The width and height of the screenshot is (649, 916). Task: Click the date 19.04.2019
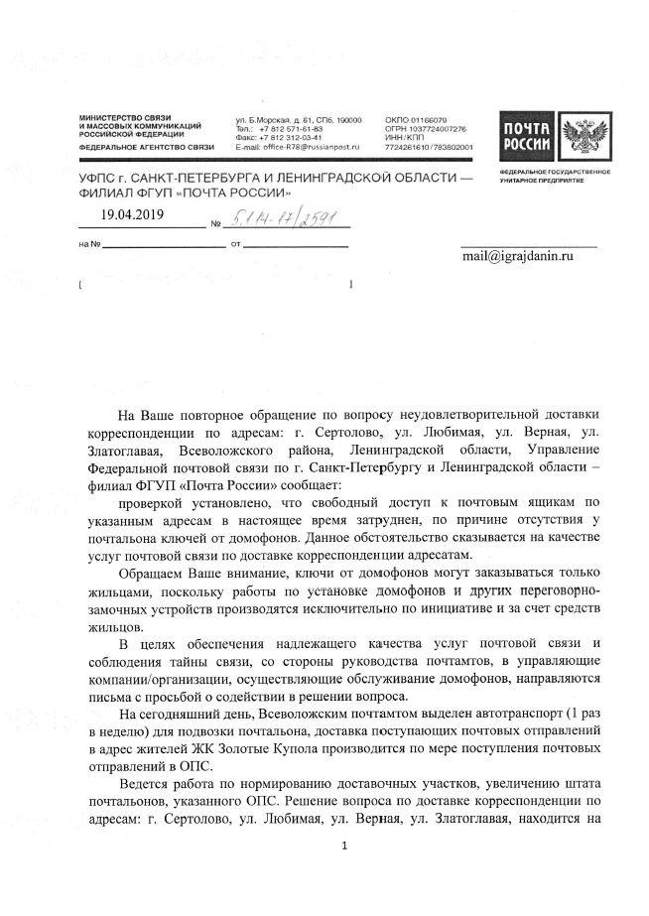(x=134, y=213)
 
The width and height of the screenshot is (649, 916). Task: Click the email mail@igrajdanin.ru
(x=519, y=256)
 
